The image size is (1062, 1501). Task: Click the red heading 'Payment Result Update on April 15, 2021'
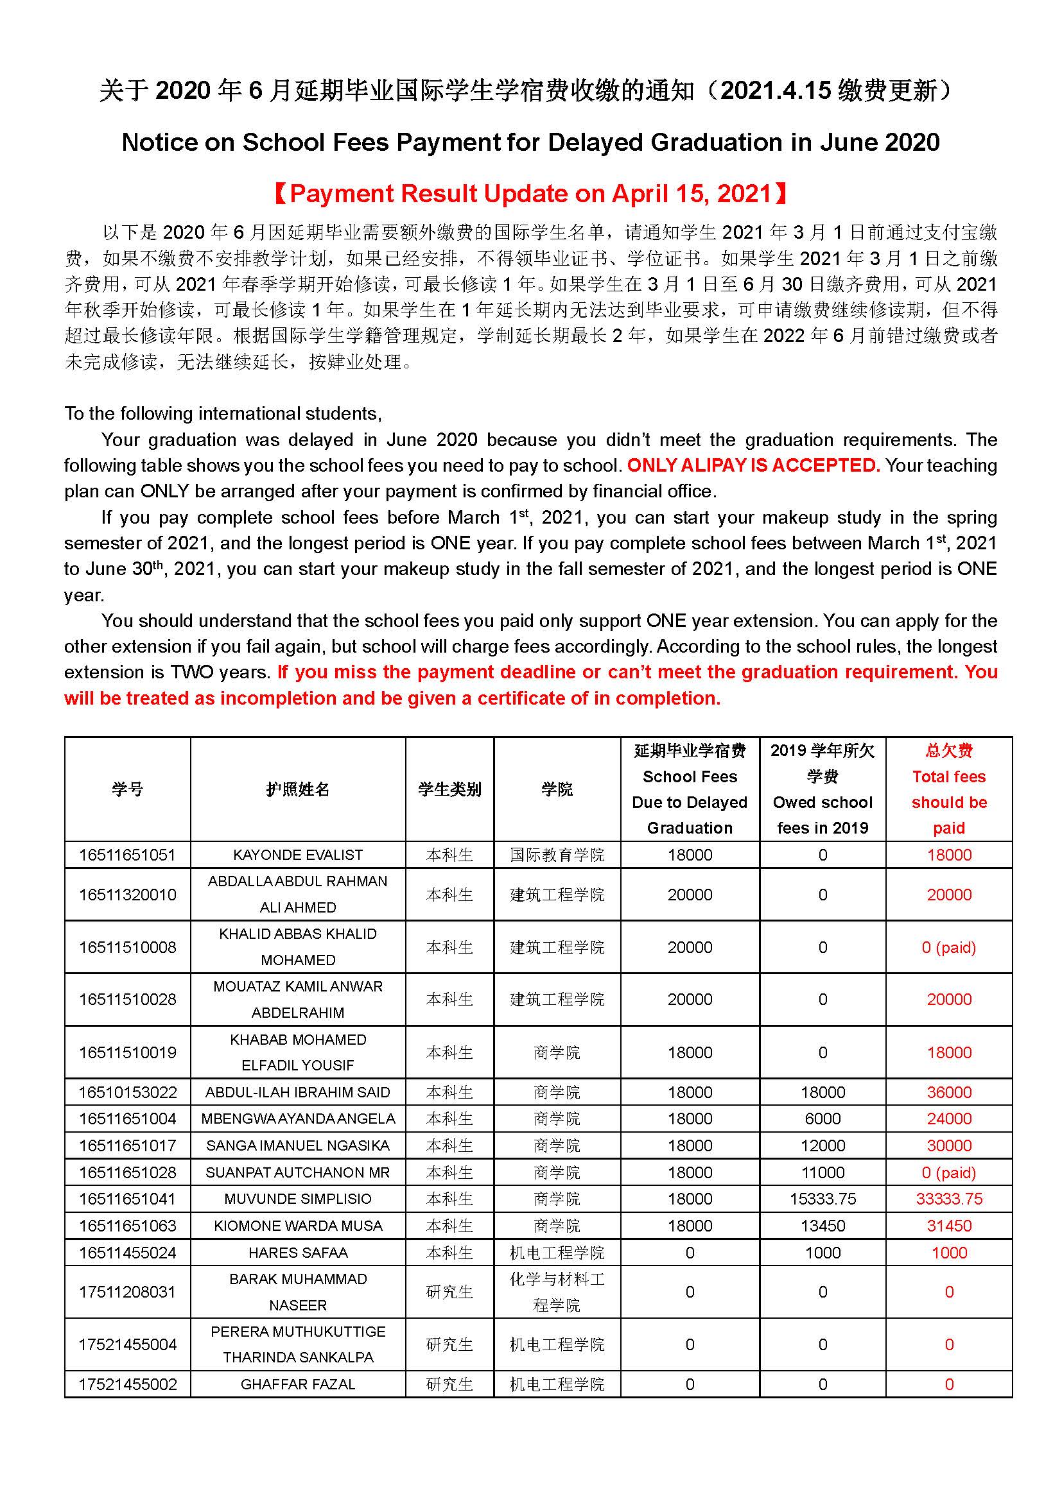(530, 194)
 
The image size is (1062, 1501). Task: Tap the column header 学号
(128, 789)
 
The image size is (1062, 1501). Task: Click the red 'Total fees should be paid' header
(948, 789)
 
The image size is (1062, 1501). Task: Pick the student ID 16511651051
(128, 855)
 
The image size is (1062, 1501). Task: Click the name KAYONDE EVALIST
(297, 855)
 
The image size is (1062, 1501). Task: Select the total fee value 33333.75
(948, 1199)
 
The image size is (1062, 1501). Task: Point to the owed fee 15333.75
(822, 1199)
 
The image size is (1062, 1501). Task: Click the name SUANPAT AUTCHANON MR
(297, 1172)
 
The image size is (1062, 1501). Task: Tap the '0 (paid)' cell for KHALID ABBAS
(948, 947)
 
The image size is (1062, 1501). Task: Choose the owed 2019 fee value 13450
(822, 1226)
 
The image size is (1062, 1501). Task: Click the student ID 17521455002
(128, 1384)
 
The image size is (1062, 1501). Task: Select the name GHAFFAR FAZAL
(297, 1384)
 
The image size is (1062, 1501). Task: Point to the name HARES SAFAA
(297, 1253)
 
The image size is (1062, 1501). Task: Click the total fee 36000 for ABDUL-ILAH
(948, 1092)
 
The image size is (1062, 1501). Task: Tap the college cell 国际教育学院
(557, 855)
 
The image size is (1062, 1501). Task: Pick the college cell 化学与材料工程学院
(557, 1292)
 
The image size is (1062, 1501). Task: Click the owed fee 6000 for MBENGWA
(822, 1119)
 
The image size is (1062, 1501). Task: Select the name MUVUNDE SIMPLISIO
(297, 1199)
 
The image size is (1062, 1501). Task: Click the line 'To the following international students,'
(223, 414)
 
